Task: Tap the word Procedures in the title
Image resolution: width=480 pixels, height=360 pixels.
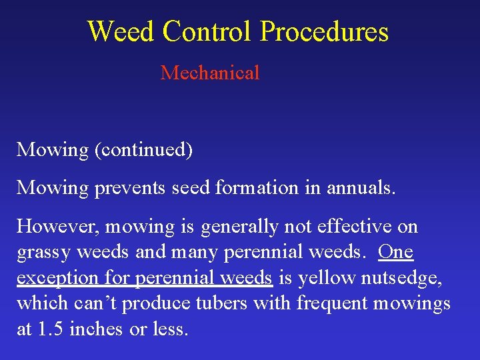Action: [324, 31]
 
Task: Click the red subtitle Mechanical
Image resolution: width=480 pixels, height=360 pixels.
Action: [210, 73]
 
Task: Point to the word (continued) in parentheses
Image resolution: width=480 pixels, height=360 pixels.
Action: [143, 150]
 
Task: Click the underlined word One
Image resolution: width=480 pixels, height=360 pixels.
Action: [395, 252]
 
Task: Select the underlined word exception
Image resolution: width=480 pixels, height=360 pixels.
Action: [52, 278]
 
